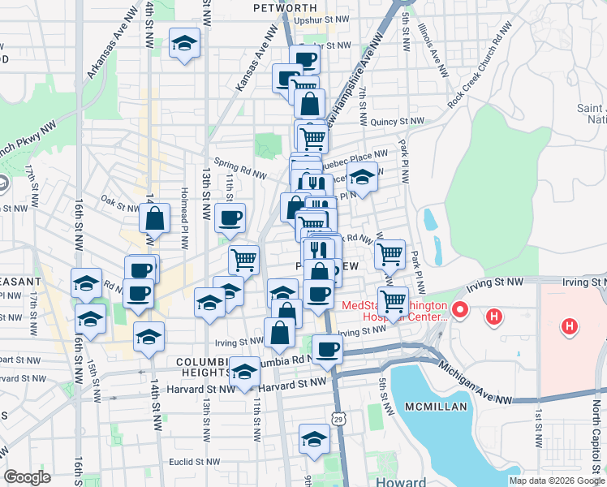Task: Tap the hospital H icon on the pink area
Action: [570, 327]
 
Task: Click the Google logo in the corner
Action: [27, 477]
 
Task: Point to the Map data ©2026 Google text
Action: [557, 481]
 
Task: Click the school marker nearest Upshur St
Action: [185, 44]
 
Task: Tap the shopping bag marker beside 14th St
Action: [154, 218]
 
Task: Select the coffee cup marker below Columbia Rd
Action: [327, 349]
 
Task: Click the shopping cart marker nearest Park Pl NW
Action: [390, 254]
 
